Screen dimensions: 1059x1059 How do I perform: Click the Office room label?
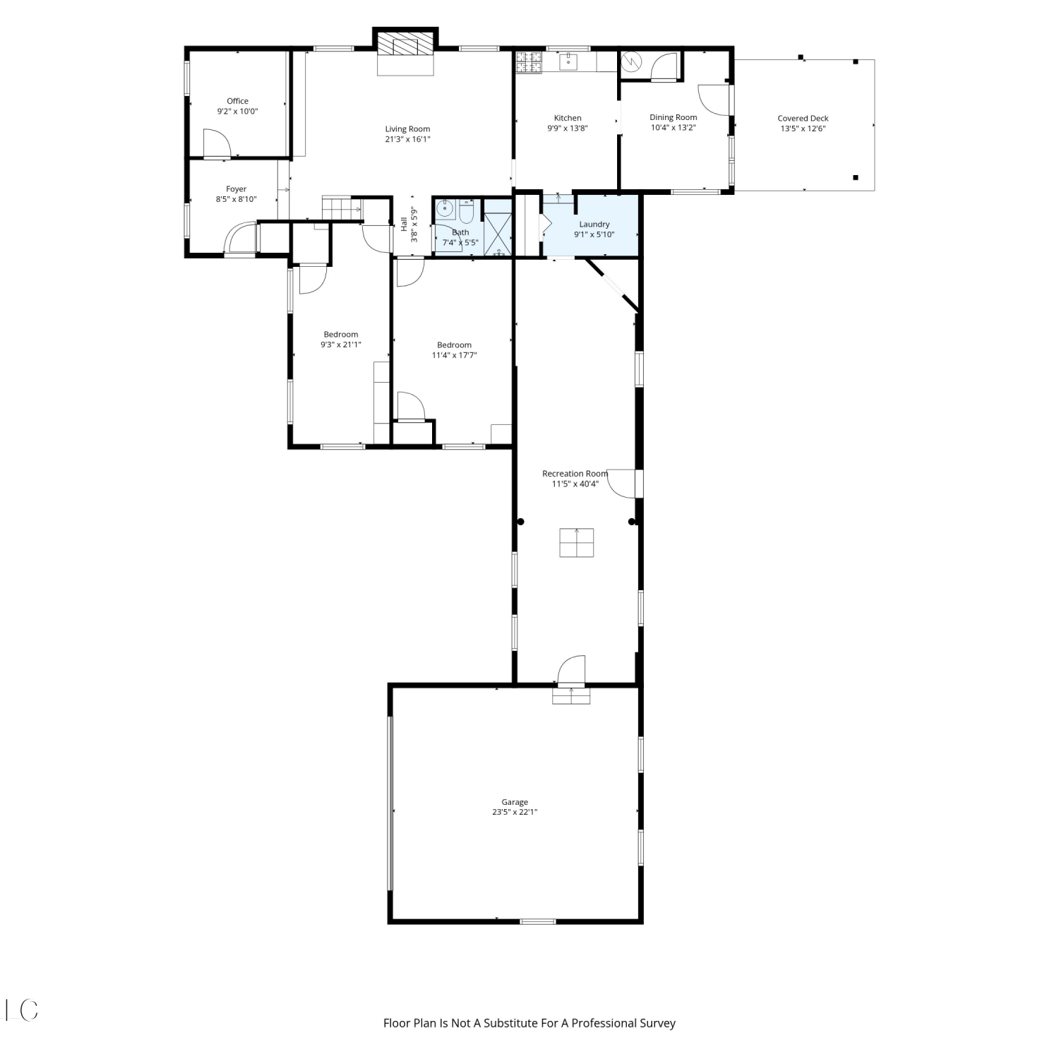[237, 101]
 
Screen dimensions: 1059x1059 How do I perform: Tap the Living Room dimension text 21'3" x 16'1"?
[407, 139]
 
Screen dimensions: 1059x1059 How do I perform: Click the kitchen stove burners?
[529, 61]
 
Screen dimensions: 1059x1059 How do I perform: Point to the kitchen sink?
[569, 61]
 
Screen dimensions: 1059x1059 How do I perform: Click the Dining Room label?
[673, 117]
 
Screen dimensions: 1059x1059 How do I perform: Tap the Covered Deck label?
[803, 119]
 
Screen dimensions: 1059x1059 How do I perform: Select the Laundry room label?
[594, 224]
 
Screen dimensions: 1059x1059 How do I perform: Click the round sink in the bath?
[445, 209]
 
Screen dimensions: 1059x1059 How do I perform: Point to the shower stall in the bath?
[498, 227]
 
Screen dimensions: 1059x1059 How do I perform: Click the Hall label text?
[404, 225]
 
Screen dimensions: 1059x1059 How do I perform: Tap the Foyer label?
[236, 189]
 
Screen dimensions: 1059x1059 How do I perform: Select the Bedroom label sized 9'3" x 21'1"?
[340, 340]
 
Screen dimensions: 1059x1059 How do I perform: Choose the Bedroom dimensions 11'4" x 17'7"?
[454, 355]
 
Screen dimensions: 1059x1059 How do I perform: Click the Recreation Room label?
[575, 474]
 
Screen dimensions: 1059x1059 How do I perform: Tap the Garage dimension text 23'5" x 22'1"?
[515, 812]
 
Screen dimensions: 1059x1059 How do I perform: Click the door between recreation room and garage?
[570, 671]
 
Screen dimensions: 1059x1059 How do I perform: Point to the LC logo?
[21, 1010]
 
